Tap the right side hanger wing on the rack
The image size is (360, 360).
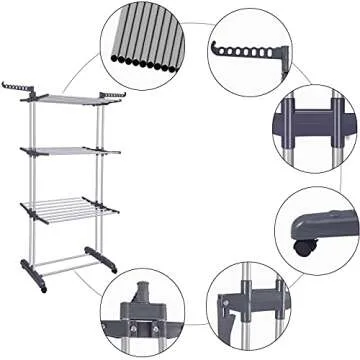coord(112,96)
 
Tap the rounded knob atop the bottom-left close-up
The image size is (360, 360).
coord(140,290)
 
